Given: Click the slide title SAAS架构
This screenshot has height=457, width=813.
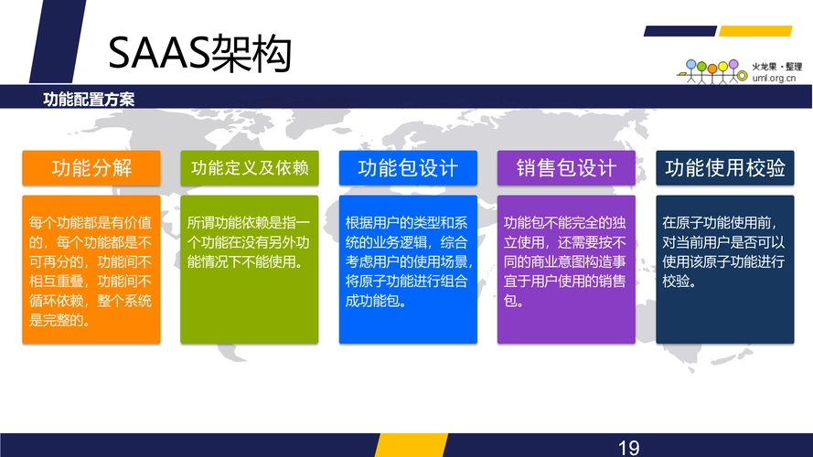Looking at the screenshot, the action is pyautogui.click(x=199, y=53).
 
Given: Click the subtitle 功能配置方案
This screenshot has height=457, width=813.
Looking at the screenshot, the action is pyautogui.click(x=89, y=99).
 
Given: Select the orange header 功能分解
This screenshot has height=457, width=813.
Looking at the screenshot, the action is pyautogui.click(x=91, y=168).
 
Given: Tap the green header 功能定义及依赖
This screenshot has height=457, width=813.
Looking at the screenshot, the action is pyautogui.click(x=250, y=168).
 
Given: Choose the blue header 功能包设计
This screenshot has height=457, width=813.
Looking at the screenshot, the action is pyautogui.click(x=408, y=168).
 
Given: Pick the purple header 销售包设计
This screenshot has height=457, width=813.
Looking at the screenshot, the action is pyautogui.click(x=566, y=168).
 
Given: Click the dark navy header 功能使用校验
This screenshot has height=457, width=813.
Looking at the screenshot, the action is pyautogui.click(x=725, y=168).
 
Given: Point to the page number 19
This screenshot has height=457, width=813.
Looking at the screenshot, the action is pyautogui.click(x=628, y=448).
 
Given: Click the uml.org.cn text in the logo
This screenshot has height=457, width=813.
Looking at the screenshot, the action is pyautogui.click(x=774, y=79).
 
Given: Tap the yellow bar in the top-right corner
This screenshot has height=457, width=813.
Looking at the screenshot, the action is pyautogui.click(x=755, y=31).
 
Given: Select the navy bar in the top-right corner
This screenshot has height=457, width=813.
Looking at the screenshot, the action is pyautogui.click(x=680, y=31).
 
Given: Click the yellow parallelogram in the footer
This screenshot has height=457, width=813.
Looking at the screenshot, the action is pyautogui.click(x=412, y=445).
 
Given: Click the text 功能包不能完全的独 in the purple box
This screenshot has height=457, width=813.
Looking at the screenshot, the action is pyautogui.click(x=564, y=223).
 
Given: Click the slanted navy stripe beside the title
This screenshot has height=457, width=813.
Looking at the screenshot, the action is pyautogui.click(x=59, y=41).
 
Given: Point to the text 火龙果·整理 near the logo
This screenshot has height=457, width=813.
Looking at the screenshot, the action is pyautogui.click(x=776, y=67).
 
